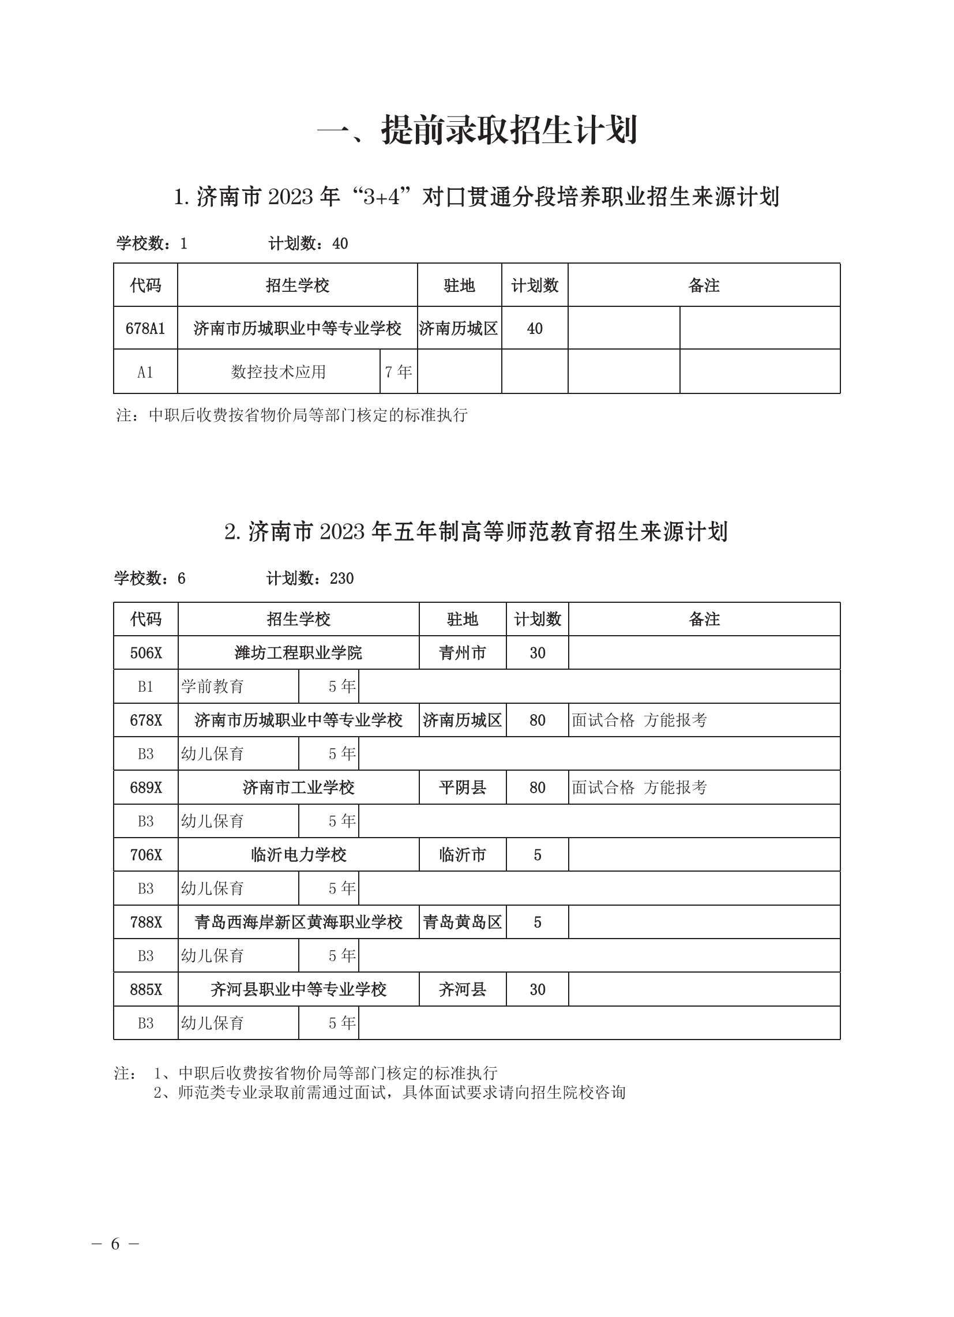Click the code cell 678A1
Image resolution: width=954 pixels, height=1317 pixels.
pyautogui.click(x=145, y=329)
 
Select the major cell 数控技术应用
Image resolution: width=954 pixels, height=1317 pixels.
pyautogui.click(x=279, y=372)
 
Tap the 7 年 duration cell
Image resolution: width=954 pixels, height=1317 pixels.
pyautogui.click(x=399, y=372)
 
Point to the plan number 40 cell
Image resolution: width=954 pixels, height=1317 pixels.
pyautogui.click(x=534, y=329)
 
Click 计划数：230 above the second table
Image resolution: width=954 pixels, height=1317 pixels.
pyautogui.click(x=310, y=579)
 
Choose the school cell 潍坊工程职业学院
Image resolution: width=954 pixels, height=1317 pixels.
pyautogui.click(x=298, y=652)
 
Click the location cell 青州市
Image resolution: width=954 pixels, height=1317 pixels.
pyautogui.click(x=462, y=652)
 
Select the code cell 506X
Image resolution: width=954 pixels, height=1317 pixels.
pyautogui.click(x=146, y=652)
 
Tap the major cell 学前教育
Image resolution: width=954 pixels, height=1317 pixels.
pyautogui.click(x=212, y=686)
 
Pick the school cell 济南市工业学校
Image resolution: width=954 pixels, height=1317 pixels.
pyautogui.click(x=298, y=787)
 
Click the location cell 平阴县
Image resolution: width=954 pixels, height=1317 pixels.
pyautogui.click(x=462, y=787)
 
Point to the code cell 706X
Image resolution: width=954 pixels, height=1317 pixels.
pyautogui.click(x=146, y=855)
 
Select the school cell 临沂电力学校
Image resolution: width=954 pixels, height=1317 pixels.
pyautogui.click(x=298, y=855)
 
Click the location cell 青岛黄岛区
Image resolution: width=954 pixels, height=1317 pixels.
pyautogui.click(x=462, y=922)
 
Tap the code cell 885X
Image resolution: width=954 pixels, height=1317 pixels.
pyautogui.click(x=146, y=989)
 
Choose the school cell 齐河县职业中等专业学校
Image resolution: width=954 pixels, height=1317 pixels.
pyautogui.click(x=298, y=989)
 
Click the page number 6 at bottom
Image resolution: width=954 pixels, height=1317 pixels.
pyautogui.click(x=115, y=1244)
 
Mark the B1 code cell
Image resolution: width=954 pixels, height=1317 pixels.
pyautogui.click(x=146, y=686)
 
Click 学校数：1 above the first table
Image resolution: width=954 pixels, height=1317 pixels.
pyautogui.click(x=152, y=243)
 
